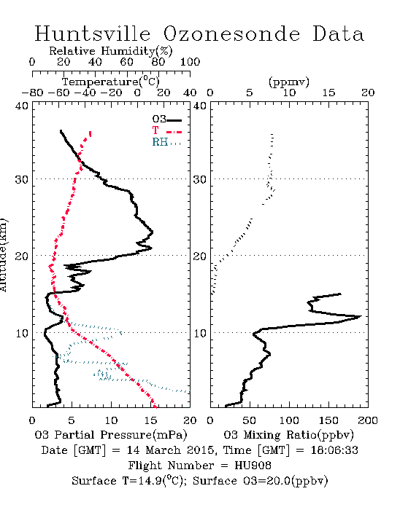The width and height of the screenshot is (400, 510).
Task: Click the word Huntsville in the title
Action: (x=93, y=34)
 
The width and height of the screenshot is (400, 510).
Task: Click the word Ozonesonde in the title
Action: (x=231, y=34)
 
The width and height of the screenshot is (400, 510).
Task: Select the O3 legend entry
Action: (x=166, y=119)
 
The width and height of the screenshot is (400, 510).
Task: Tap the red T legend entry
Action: (x=166, y=130)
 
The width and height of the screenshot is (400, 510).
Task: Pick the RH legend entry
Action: (x=166, y=142)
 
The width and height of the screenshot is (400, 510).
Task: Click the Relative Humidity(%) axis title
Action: (x=111, y=51)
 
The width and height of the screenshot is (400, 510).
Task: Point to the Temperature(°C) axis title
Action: (x=111, y=82)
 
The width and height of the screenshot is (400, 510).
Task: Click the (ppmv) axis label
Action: (x=289, y=82)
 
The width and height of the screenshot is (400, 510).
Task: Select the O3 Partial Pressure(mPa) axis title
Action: (x=111, y=435)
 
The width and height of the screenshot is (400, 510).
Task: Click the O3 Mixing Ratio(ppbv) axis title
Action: (x=288, y=435)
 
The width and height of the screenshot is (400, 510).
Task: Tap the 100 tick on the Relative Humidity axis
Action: (x=190, y=62)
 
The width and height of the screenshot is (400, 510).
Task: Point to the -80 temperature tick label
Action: (x=32, y=93)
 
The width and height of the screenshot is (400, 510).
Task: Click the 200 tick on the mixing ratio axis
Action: (x=368, y=420)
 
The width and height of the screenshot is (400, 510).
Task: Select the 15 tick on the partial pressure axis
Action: (x=150, y=420)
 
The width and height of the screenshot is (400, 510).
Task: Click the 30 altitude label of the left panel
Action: (x=22, y=179)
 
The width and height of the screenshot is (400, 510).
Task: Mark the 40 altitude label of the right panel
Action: (x=200, y=106)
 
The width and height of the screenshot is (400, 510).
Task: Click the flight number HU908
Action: (x=253, y=466)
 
